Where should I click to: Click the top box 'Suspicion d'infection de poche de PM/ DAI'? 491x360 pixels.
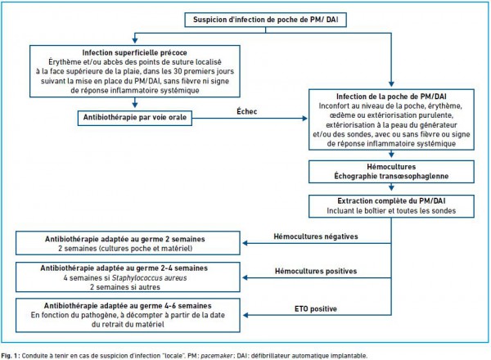point(265,20)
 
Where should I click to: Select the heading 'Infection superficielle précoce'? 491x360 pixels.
point(135,52)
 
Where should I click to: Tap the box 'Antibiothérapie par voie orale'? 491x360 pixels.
point(135,118)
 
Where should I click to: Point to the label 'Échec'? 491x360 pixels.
point(247,111)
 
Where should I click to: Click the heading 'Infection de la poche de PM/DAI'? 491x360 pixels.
point(391,97)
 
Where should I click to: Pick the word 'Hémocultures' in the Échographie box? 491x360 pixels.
point(391,167)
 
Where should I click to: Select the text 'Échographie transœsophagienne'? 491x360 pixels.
point(391,176)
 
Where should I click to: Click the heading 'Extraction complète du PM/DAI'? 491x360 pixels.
point(391,200)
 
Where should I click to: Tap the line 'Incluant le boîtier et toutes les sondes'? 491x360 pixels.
point(391,210)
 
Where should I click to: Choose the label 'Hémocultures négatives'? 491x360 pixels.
point(316,236)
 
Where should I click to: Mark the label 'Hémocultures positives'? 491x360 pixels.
point(316,271)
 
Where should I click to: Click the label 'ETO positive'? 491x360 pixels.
point(316,309)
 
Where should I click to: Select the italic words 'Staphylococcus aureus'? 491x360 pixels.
point(150,278)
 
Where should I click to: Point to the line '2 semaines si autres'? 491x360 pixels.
point(125,287)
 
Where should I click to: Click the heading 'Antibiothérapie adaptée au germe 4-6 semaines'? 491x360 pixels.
point(128,305)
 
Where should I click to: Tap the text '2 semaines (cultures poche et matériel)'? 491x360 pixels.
point(125,249)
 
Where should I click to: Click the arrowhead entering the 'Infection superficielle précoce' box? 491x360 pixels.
point(135,40)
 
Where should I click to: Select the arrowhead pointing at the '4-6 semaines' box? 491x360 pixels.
point(245,315)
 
